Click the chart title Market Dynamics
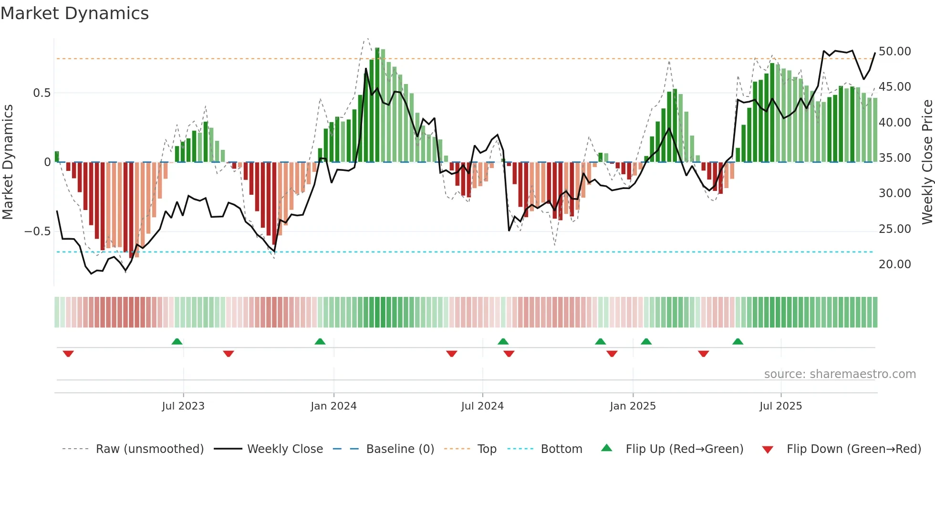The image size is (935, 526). pyautogui.click(x=74, y=13)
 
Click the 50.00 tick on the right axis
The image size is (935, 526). pyautogui.click(x=894, y=52)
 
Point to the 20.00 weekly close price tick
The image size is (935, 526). pyautogui.click(x=894, y=264)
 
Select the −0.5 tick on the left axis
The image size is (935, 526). pyautogui.click(x=37, y=231)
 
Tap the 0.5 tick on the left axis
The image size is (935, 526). pyautogui.click(x=42, y=93)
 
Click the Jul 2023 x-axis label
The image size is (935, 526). pyautogui.click(x=183, y=406)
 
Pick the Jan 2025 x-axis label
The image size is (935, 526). pyautogui.click(x=633, y=406)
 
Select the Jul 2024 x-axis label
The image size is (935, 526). pyautogui.click(x=482, y=406)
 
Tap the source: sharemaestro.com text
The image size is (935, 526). pyautogui.click(x=840, y=374)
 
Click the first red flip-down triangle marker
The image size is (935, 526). pyautogui.click(x=68, y=354)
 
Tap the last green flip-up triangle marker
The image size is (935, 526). pyautogui.click(x=738, y=341)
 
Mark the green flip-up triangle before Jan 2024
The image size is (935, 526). pyautogui.click(x=320, y=341)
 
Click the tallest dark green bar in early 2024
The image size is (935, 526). pyautogui.click(x=377, y=105)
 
